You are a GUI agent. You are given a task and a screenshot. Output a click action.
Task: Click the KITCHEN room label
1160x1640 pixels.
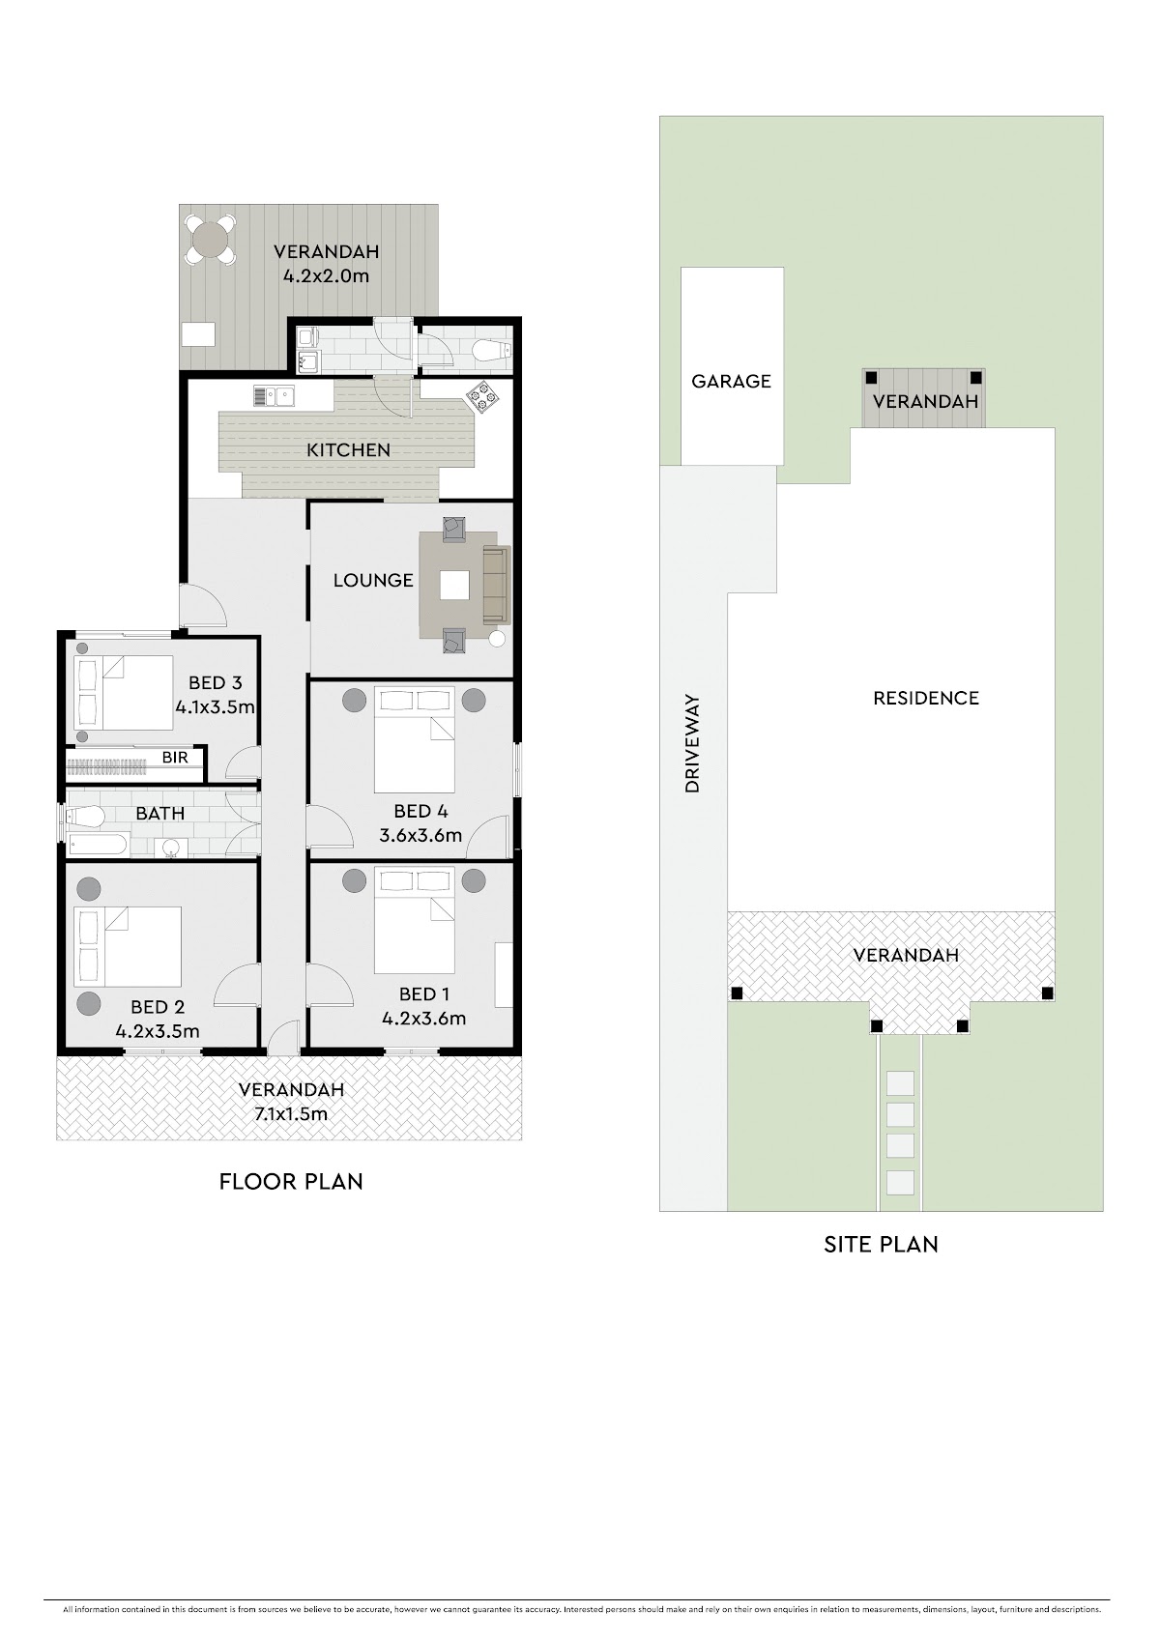click(348, 450)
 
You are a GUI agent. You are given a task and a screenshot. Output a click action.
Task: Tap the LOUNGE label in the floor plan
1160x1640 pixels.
click(373, 581)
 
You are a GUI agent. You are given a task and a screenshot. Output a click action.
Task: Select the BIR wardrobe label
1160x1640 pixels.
click(175, 757)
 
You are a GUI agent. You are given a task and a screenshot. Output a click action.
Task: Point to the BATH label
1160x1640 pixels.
click(159, 814)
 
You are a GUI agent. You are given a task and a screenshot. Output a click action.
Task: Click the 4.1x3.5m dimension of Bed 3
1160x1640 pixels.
click(215, 707)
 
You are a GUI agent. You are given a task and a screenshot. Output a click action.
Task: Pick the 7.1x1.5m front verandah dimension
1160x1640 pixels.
click(291, 1114)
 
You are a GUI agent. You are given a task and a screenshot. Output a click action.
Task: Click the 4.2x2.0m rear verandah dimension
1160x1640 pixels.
click(326, 276)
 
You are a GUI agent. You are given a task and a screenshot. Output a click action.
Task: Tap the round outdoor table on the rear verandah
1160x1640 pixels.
click(210, 239)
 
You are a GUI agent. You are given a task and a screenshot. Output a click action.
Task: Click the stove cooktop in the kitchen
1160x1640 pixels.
click(481, 397)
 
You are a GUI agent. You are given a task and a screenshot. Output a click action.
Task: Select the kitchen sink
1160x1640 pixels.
click(274, 395)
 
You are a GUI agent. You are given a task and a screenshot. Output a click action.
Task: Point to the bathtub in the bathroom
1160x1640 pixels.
click(99, 845)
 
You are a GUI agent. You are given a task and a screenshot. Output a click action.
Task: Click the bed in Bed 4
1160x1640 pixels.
click(414, 739)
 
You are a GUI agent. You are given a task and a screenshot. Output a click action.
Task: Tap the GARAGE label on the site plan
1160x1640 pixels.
click(731, 382)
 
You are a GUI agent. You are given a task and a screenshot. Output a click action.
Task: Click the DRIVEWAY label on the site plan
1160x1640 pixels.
click(692, 744)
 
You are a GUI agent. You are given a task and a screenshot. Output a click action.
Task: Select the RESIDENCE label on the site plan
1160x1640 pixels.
click(926, 699)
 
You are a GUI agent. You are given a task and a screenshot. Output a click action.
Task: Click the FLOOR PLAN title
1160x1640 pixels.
click(291, 1182)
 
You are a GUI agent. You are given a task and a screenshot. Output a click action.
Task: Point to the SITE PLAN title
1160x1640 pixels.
click(881, 1245)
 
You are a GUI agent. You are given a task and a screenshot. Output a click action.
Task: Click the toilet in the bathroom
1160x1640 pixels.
click(83, 817)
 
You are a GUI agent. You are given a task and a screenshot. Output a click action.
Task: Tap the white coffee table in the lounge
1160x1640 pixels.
click(454, 585)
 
